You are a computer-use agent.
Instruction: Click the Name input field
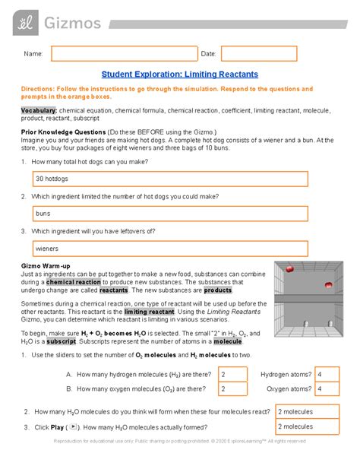(x=121, y=53)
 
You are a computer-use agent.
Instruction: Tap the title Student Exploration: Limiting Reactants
(x=180, y=74)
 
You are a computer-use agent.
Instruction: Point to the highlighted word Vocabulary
(x=38, y=111)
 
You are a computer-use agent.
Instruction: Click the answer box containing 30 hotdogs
(x=169, y=179)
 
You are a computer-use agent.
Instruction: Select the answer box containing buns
(x=169, y=214)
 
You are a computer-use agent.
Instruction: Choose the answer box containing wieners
(x=169, y=249)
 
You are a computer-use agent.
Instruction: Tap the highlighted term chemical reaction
(x=73, y=281)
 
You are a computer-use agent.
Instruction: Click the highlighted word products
(x=217, y=290)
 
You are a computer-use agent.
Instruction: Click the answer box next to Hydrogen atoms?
(x=329, y=375)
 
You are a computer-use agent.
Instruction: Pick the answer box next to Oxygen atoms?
(x=329, y=389)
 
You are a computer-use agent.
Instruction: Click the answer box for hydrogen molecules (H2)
(x=232, y=375)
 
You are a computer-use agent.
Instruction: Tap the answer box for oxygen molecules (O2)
(x=232, y=389)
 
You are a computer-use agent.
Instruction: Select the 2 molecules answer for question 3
(x=305, y=428)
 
